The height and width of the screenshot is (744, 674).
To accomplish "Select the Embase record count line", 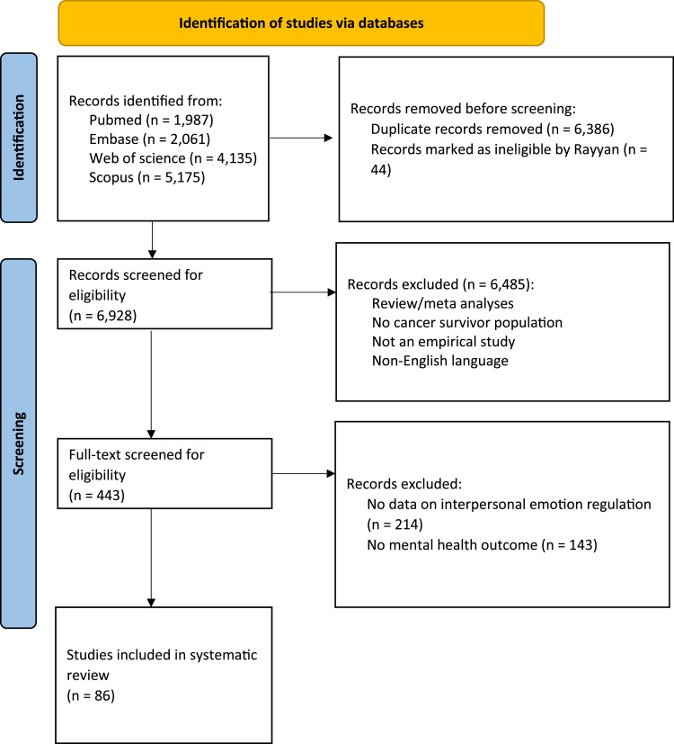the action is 149,139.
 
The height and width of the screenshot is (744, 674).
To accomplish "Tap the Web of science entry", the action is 173,158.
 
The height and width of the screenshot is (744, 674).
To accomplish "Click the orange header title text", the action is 301,22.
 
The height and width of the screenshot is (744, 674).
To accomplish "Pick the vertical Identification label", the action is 19,137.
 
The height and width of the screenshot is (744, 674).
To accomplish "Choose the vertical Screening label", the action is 19,444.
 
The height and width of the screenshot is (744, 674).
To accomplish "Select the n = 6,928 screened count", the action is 102,316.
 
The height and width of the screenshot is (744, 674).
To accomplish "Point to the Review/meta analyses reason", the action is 443,304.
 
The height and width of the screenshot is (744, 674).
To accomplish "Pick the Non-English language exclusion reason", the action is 439,361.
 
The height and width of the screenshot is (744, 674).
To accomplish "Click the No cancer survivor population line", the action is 467,323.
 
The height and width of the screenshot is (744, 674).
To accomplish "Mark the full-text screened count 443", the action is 110,496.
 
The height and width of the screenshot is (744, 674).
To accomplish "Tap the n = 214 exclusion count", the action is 395,524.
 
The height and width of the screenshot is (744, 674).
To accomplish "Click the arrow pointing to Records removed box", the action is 301,138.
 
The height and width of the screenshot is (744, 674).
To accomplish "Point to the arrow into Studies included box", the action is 151,558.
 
